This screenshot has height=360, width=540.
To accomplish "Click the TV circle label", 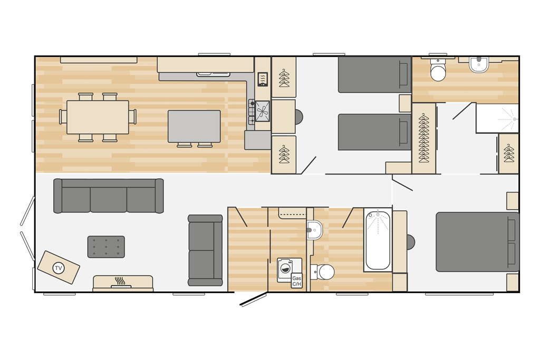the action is pos(58,268).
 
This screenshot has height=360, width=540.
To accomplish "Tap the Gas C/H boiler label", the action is pos(296,281).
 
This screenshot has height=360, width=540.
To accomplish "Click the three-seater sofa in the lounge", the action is pos(109,196).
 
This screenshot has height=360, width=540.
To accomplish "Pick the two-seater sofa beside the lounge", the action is pos(205,250).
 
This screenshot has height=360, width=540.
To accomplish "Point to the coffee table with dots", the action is pos(106,247).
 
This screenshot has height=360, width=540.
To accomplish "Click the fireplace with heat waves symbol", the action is pos(123,283).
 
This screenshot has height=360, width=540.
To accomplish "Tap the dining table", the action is pos(98,117).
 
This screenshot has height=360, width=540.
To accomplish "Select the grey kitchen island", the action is pos(194,127).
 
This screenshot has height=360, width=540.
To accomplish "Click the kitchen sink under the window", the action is pos(213,74).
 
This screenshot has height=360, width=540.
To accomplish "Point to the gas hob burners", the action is pos(252,112).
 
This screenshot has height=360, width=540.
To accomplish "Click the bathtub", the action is pos(378,240).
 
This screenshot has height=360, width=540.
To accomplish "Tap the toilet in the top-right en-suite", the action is pos(438,69).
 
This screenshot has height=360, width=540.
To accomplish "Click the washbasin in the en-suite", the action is pos(479,65).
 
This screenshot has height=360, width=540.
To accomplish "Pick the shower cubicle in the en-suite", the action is pos(497,118).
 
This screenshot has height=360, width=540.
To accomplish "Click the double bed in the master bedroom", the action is pos(477,242).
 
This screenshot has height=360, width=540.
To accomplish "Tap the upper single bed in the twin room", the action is pos(375,75).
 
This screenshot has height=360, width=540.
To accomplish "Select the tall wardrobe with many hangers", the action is pos(423,138).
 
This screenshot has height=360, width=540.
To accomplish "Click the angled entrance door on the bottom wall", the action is pos(254,299).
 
